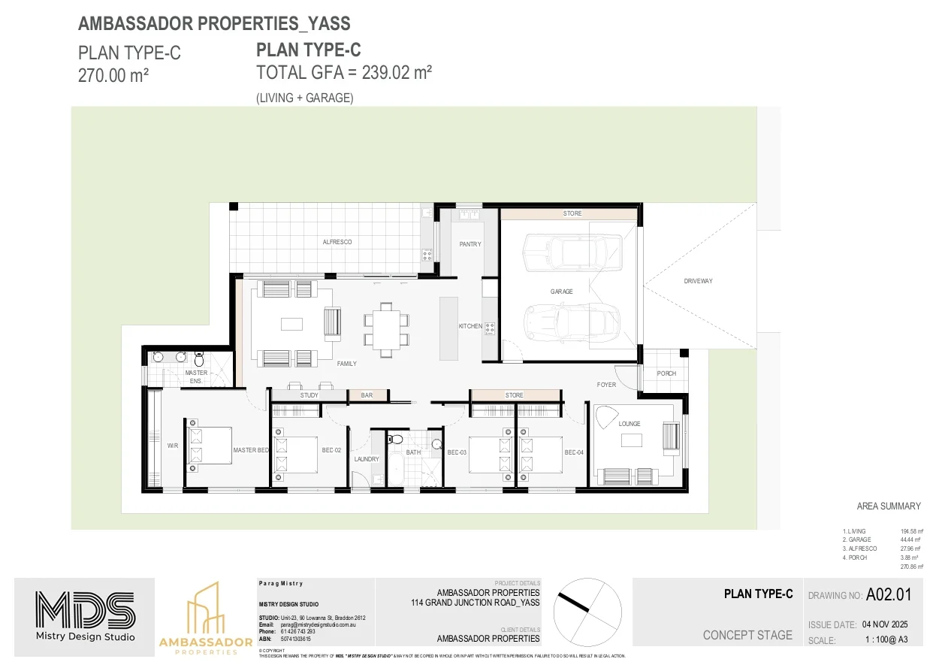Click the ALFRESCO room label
tap(337, 242)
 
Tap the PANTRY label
tap(470, 244)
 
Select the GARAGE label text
tap(561, 292)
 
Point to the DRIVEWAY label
tap(698, 281)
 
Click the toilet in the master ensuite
tap(199, 358)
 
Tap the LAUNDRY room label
tap(367, 459)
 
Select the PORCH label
tap(666, 373)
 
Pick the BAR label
tap(367, 395)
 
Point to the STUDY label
tap(309, 395)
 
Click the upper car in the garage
tap(572, 252)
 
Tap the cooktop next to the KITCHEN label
tap(490, 327)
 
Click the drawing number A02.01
tap(888, 595)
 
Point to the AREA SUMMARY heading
tap(888, 506)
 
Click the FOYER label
tap(606, 385)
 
